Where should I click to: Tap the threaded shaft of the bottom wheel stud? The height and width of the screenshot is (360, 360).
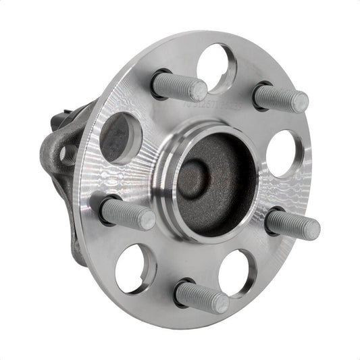click(199, 296)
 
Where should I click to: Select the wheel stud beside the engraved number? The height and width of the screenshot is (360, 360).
click(177, 85)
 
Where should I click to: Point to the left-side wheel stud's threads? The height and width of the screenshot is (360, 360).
click(126, 213)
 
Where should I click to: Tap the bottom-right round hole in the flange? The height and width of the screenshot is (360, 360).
click(236, 272)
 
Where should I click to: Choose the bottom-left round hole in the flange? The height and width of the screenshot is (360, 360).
click(135, 268)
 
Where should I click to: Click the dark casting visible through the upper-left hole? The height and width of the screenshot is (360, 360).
click(120, 138)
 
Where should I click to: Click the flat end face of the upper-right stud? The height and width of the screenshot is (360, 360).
click(301, 103)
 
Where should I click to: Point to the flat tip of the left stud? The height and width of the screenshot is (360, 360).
click(147, 219)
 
